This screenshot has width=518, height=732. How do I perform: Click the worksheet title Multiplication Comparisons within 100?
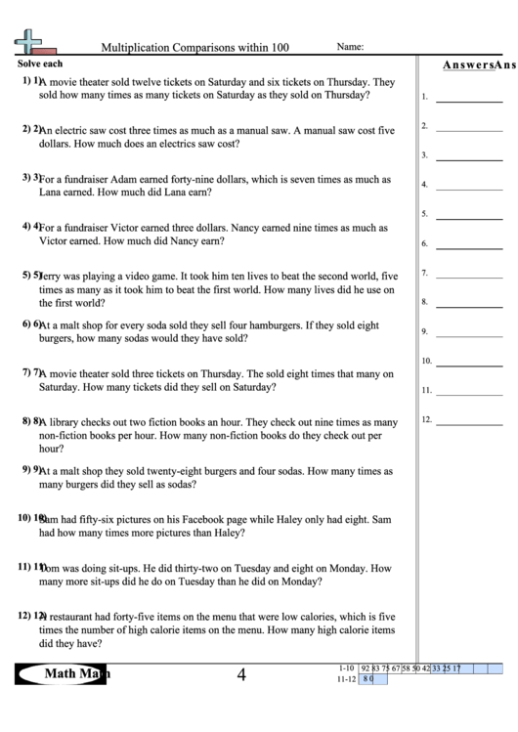pyautogui.click(x=195, y=47)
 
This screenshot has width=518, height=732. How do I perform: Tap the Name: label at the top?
pyautogui.click(x=351, y=46)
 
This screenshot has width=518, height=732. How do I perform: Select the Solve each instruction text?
pyautogui.click(x=40, y=64)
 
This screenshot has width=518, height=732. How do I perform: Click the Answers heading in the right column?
pyautogui.click(x=465, y=65)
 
